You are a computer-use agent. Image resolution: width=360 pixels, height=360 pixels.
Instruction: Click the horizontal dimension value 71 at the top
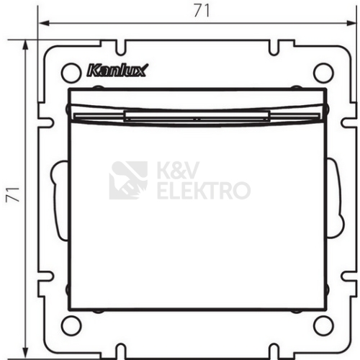202,11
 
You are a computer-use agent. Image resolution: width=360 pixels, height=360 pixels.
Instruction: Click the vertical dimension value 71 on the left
13,194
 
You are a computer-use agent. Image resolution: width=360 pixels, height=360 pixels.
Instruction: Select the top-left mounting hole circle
71,72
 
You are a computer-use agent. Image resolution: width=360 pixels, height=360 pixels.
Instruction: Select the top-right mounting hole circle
323,72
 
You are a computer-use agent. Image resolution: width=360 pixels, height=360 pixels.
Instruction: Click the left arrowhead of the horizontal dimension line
44,23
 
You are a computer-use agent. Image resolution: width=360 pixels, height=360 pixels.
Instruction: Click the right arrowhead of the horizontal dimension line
351,23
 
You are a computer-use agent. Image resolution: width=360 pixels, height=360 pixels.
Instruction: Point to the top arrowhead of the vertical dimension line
25,45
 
